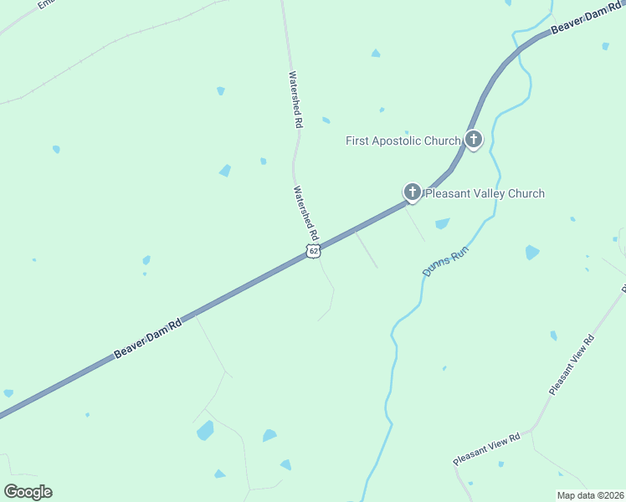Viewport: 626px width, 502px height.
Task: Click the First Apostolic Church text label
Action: point(403,141)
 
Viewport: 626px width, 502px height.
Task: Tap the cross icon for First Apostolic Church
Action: point(474,139)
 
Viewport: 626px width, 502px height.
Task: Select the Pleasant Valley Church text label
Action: point(485,193)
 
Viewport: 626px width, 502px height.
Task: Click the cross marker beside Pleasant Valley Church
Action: point(412,192)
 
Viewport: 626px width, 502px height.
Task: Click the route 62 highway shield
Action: point(313,251)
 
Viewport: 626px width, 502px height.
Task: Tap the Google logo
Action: point(28,491)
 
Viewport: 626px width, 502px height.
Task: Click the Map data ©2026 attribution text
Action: point(591,495)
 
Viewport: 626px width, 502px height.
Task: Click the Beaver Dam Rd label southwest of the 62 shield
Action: point(147,338)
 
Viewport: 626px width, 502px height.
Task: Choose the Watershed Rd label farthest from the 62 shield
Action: point(295,99)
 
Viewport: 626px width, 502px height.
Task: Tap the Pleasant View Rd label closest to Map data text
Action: point(486,448)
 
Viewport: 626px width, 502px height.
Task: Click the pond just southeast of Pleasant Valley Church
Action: point(442,223)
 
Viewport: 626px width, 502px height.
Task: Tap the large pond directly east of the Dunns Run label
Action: point(532,252)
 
